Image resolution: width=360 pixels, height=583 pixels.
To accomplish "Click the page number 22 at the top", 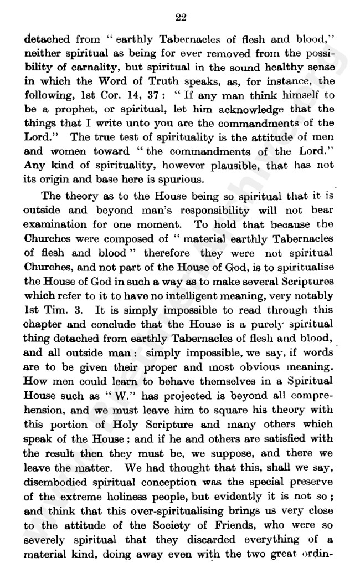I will coord(181,17).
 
